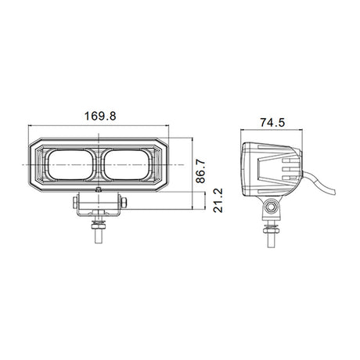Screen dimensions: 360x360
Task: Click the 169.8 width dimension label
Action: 100,116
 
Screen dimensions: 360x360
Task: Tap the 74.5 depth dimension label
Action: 272,122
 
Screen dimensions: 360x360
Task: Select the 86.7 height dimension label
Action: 201,171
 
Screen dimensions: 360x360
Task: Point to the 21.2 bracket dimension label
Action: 218,200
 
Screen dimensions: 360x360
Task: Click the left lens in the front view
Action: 70,165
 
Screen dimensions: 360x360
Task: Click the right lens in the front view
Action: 127,165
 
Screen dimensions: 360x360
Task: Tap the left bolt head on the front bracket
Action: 74,203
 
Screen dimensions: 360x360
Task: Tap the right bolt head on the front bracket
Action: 124,203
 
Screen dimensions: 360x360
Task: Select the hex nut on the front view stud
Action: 98,224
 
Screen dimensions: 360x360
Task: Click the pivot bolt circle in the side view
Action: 272,207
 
